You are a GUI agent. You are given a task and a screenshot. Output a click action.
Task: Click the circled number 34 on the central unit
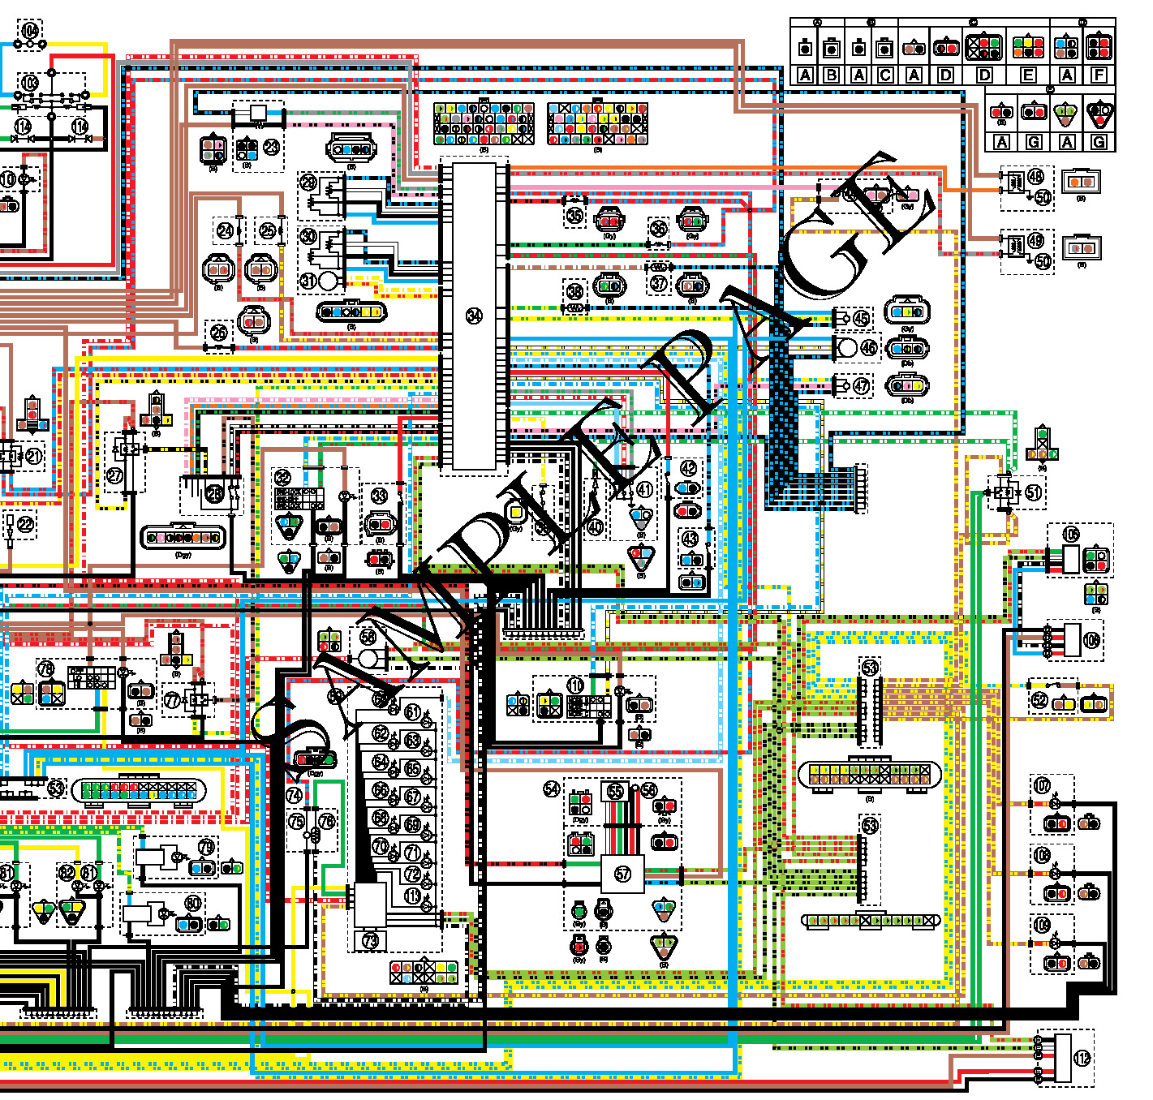coord(475,316)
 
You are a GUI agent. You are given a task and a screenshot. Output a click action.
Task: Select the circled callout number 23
coord(271,147)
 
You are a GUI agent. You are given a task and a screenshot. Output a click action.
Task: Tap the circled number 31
coord(308,281)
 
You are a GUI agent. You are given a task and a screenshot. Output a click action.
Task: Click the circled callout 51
coord(1033,492)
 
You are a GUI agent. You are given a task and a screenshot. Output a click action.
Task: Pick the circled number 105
coord(1072,534)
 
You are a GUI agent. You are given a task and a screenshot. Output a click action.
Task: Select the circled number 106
coord(1092,641)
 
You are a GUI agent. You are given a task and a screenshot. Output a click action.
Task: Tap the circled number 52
coord(1039,698)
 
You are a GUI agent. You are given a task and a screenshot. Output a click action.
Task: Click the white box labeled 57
coord(622,874)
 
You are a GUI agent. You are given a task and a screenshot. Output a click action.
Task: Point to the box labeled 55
coord(615,791)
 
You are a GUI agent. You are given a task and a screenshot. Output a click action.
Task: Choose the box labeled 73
coord(370,940)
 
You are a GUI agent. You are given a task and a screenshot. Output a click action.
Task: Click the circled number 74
coord(295,796)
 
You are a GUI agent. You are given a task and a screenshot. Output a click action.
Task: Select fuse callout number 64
coord(381,762)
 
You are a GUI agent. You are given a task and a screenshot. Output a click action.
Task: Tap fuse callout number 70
coord(380,847)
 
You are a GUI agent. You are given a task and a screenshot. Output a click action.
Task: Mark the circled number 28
coord(214,493)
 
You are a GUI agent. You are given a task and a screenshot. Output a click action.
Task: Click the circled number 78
coord(45,669)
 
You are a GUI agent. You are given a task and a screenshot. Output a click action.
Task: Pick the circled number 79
coord(207,847)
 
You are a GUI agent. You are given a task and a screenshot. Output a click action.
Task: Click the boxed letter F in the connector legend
coord(1099,75)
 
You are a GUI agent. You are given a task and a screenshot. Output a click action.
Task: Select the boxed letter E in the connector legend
coord(1027,75)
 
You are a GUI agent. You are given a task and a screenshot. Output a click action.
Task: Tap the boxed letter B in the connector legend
coord(832,75)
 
